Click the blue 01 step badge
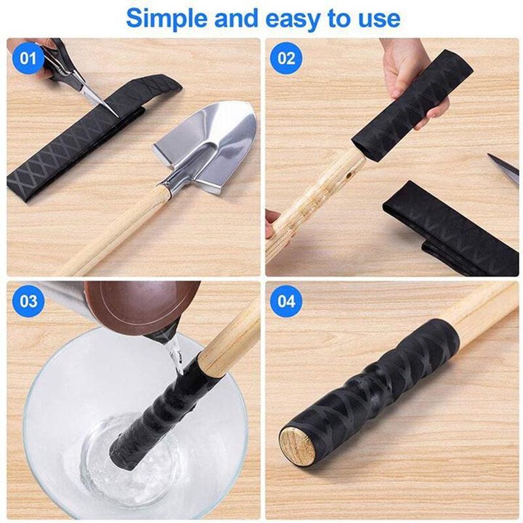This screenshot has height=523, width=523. click(x=27, y=58)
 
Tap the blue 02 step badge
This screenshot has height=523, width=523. click(x=286, y=58)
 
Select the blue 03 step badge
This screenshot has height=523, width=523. click(x=27, y=301)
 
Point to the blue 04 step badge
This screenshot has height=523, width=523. click(x=286, y=301)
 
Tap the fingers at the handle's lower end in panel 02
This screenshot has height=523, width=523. click(x=273, y=222)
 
